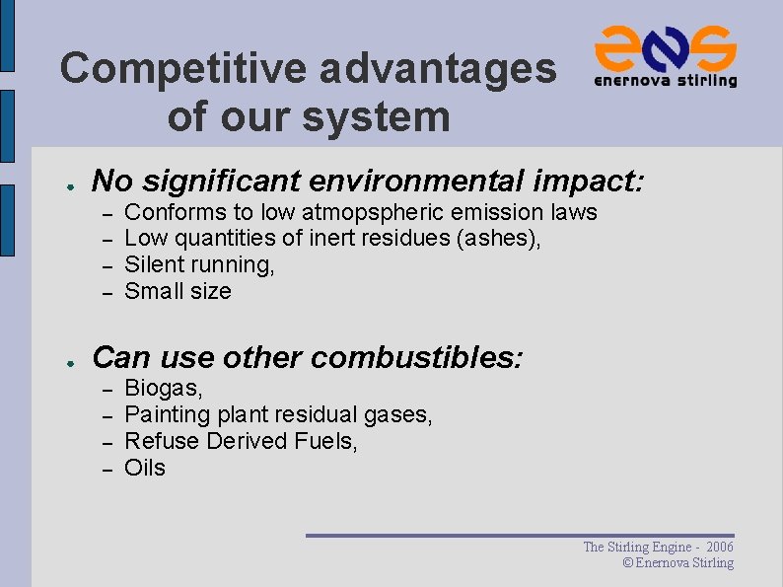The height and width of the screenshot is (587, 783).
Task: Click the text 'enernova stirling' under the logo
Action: coord(665,81)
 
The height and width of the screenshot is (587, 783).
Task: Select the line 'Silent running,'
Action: coord(199,264)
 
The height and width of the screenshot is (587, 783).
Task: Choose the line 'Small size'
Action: coord(178,291)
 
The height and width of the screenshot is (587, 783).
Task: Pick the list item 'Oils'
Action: coord(145,468)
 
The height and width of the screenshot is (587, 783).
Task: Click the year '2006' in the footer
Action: coord(719,547)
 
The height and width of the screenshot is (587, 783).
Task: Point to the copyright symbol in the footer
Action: coord(628,563)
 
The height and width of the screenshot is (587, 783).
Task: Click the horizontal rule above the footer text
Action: coord(520,536)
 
